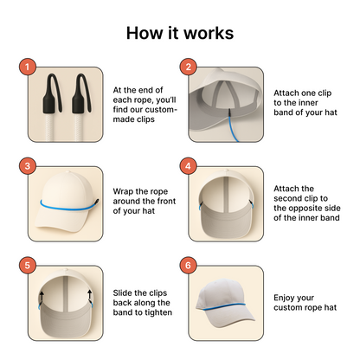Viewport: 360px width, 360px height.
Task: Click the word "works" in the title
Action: click(x=209, y=33)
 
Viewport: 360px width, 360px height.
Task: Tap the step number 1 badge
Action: click(x=28, y=67)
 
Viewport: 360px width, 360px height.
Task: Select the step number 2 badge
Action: click(x=188, y=67)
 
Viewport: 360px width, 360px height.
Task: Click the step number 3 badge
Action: click(x=28, y=166)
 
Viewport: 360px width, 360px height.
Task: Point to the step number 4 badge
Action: click(x=188, y=166)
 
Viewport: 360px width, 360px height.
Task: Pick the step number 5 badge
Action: click(x=28, y=266)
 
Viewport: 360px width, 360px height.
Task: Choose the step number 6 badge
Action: click(x=188, y=266)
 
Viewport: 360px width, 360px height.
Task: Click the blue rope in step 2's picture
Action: click(x=233, y=127)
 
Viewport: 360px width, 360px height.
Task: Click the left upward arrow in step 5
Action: click(x=42, y=297)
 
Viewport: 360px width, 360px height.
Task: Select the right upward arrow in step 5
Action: click(x=89, y=296)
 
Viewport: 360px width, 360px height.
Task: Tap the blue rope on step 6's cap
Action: click(x=224, y=306)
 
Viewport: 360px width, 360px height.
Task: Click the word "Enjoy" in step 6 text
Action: click(x=286, y=298)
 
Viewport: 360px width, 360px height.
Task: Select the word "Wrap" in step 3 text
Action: click(x=123, y=191)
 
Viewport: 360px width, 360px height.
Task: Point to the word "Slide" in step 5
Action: click(x=123, y=293)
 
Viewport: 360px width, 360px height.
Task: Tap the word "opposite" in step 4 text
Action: click(x=307, y=209)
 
